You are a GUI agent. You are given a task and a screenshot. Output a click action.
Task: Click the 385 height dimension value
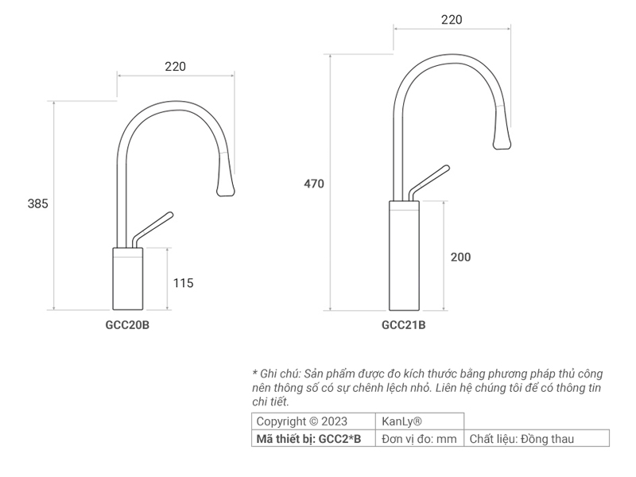(38, 204)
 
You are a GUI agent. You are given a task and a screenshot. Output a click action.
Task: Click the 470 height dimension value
(314, 184)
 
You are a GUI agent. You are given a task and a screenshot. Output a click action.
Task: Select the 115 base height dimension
(183, 282)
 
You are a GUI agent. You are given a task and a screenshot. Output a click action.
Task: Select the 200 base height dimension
(460, 257)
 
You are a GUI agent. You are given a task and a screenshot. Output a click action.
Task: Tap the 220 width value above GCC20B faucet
(175, 67)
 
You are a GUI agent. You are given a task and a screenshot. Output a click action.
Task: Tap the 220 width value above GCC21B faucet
(452, 20)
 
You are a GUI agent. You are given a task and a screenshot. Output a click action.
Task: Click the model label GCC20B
(127, 324)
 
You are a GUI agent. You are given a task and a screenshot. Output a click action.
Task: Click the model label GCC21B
(404, 324)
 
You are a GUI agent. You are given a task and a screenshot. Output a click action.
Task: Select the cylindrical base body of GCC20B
(128, 279)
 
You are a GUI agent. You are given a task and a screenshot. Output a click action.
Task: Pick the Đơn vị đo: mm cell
(419, 438)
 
